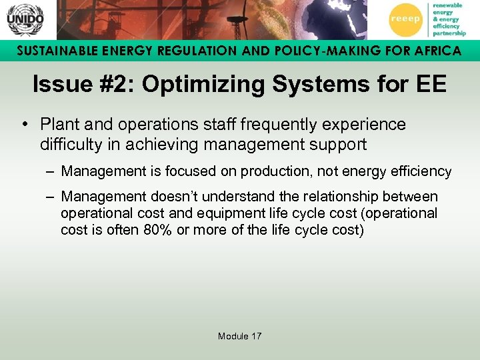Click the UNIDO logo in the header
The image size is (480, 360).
point(25,19)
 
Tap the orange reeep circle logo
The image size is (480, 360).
point(405,19)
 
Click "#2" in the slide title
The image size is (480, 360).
point(118,85)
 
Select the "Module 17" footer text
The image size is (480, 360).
point(240,336)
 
